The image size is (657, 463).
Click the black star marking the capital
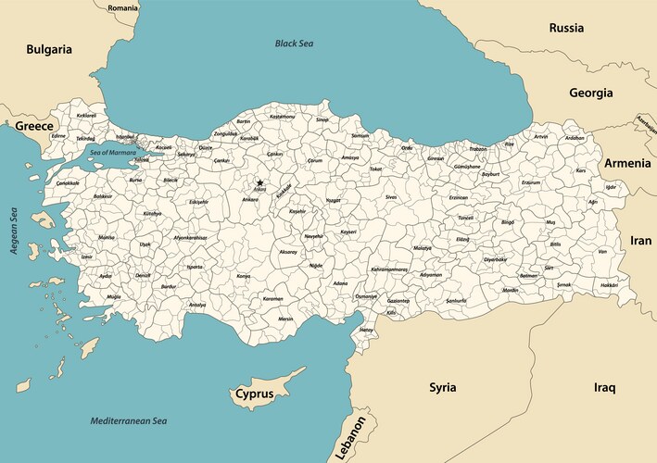coord(260,182)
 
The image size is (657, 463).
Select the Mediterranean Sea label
coord(129,421)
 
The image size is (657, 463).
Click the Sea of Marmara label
coord(112,152)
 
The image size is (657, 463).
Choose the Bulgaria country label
coord(49,49)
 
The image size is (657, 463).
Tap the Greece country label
coord(33,124)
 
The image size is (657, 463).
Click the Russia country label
coord(566,28)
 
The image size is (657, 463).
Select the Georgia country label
coord(590,93)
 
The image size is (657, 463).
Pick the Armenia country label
coord(627,162)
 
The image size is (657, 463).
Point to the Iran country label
coord(641,240)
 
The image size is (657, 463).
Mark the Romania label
coord(122,7)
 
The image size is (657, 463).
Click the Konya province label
coord(244,276)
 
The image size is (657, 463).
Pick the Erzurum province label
coord(531,182)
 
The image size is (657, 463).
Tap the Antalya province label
coord(197,305)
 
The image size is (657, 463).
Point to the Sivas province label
coord(391,197)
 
